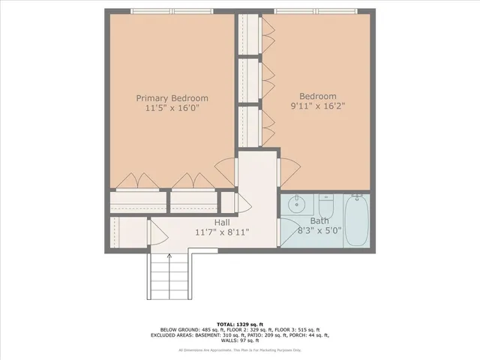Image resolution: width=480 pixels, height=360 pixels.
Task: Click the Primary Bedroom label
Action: pyautogui.click(x=172, y=98)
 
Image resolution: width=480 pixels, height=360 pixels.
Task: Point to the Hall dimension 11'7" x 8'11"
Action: pyautogui.click(x=223, y=232)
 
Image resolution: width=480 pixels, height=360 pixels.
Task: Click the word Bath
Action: pyautogui.click(x=320, y=221)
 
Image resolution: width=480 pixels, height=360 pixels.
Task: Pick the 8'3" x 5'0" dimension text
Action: pyautogui.click(x=320, y=232)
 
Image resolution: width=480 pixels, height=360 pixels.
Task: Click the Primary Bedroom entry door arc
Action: pyautogui.click(x=226, y=167)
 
